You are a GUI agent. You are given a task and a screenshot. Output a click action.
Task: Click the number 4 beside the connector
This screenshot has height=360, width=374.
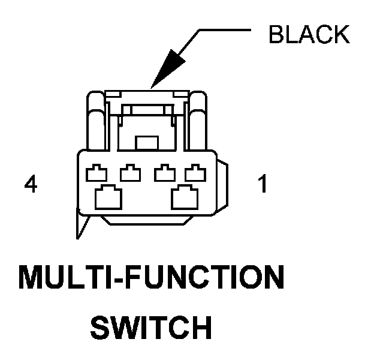tap(31, 185)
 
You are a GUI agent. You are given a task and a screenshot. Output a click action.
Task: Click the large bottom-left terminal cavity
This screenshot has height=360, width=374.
tap(108, 196)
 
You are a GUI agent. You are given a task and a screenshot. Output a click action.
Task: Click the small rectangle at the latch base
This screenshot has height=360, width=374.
tap(146, 143)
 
